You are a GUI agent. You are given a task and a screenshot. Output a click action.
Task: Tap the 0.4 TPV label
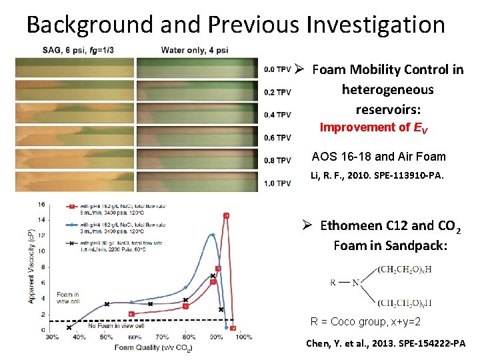coord(277,115)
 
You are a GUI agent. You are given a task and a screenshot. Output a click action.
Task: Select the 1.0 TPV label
coord(277,183)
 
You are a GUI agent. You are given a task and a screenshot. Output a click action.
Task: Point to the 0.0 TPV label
coord(277,69)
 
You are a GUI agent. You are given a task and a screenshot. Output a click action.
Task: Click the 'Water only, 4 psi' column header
coord(195,50)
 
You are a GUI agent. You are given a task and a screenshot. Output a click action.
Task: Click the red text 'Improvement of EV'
coord(374,127)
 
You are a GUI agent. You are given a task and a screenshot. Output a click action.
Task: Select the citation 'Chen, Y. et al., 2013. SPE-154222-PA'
coord(385,344)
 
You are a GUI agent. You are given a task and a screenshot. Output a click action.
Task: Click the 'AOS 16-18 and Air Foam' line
coord(379,157)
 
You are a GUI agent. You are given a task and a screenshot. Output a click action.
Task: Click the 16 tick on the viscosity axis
coord(41,205)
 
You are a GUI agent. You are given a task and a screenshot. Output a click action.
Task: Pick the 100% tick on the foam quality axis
coord(243,337)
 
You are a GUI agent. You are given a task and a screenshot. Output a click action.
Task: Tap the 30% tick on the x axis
coord(52,337)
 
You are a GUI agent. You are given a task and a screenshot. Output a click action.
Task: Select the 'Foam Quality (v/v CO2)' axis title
coord(153,347)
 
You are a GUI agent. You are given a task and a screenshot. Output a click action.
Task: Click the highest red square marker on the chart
coord(226,215)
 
